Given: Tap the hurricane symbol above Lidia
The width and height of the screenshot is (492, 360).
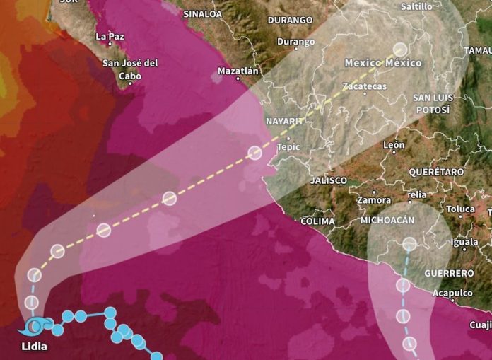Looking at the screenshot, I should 35,326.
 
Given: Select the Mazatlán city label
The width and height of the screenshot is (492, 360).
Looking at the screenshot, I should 238,71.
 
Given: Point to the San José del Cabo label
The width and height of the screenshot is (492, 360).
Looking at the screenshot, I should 130,69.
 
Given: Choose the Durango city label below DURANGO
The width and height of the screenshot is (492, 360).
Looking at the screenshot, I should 295,43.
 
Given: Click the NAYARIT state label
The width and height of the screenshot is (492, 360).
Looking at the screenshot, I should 284,122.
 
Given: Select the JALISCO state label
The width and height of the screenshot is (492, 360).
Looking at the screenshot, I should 329,180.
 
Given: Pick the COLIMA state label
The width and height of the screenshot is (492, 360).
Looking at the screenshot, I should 317,221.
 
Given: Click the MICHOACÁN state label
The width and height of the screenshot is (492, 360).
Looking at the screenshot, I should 387,221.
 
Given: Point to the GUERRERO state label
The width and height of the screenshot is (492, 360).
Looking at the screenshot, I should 449,273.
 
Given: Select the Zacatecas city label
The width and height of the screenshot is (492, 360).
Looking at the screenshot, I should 364,86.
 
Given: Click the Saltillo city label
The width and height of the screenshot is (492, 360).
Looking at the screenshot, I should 416,6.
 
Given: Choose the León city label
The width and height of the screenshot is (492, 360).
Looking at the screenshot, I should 393,146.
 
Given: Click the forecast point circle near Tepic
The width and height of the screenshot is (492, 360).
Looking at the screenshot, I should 255,152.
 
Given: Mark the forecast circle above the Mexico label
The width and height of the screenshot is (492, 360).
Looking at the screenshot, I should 400,49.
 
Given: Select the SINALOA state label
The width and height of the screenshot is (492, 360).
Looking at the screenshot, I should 202,13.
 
